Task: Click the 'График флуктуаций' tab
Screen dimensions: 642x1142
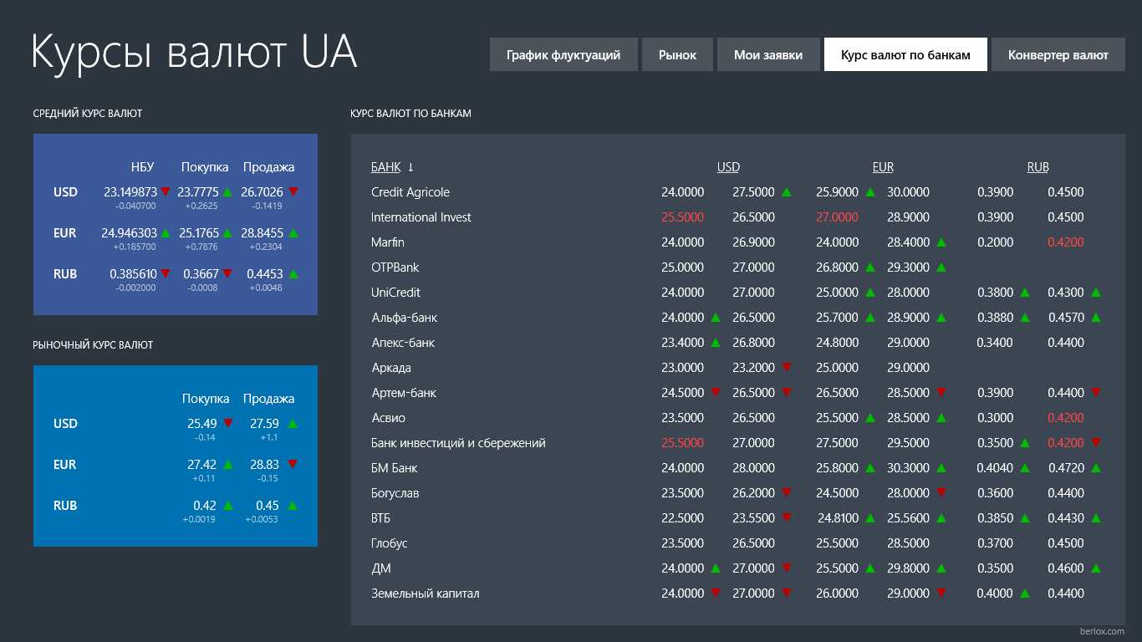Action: coord(563,55)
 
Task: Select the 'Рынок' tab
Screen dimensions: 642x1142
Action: coord(677,55)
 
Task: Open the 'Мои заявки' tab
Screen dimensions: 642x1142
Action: coord(768,55)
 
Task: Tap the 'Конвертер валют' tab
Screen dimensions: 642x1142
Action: coord(1058,55)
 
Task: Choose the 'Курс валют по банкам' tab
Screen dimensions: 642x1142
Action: coord(905,55)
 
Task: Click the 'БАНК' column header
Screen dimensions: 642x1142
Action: coord(386,167)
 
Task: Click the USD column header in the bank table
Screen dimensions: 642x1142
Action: coord(728,167)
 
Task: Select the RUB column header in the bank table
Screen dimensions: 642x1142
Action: coord(1037,167)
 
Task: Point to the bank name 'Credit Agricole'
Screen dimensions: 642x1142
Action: coord(410,192)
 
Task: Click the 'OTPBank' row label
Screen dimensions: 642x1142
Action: coord(395,267)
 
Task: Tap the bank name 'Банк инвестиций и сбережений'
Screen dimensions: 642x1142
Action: coord(458,443)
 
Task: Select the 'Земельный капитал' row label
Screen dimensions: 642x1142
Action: coord(426,594)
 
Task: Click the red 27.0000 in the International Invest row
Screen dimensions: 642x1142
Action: coord(837,217)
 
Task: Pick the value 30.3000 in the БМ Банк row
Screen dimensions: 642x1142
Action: coord(908,468)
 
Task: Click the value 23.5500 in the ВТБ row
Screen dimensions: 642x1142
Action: coord(753,518)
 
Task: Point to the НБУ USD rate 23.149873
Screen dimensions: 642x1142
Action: coord(130,192)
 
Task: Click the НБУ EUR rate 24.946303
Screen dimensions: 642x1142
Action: coord(129,233)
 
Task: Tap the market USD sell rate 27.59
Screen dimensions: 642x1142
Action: coord(264,424)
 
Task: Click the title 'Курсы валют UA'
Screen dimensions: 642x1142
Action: coord(194,52)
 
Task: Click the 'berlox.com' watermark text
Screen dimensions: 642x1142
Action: coord(1102,631)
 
